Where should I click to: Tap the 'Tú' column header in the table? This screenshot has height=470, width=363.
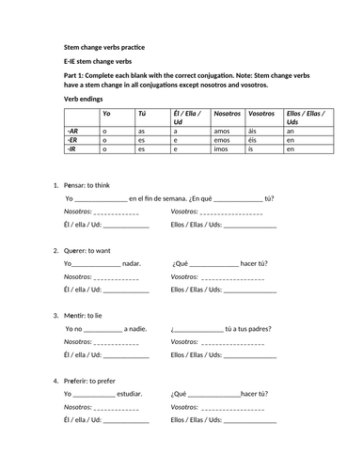coord(142,113)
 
